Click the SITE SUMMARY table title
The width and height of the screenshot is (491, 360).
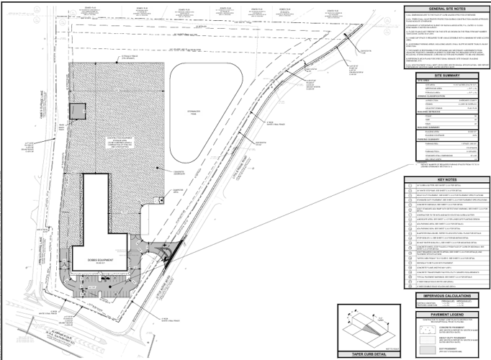tap(447, 74)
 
